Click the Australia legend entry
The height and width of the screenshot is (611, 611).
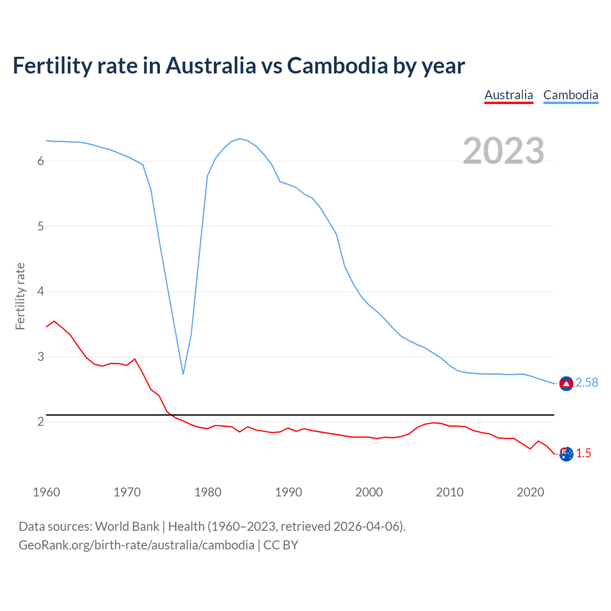click(x=508, y=95)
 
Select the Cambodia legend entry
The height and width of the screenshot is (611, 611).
click(x=570, y=95)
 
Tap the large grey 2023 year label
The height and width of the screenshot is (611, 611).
click(x=503, y=151)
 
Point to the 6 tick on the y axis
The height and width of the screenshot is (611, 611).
click(x=41, y=161)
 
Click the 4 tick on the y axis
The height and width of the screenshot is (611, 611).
click(x=41, y=291)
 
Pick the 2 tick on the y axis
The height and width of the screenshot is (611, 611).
click(x=41, y=421)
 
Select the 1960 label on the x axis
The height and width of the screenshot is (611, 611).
click(x=46, y=492)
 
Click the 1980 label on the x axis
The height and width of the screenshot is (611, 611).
click(x=208, y=492)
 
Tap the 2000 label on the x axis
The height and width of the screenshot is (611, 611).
click(x=369, y=492)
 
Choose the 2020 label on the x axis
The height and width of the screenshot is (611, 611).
click(x=530, y=492)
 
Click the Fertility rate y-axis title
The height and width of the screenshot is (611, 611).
click(x=20, y=296)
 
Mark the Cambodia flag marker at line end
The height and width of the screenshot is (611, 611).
click(x=566, y=383)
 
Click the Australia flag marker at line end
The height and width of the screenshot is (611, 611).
click(x=566, y=454)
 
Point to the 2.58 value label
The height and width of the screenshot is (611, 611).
click(x=587, y=383)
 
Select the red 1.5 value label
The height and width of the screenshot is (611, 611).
click(x=583, y=453)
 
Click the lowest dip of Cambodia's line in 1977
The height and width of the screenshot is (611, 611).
click(x=183, y=374)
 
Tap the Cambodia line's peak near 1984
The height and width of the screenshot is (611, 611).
click(x=239, y=139)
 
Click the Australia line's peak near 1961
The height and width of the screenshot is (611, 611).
click(x=54, y=321)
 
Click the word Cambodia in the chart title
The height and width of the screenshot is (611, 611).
click(x=337, y=66)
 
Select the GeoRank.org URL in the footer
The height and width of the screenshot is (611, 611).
click(x=137, y=545)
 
